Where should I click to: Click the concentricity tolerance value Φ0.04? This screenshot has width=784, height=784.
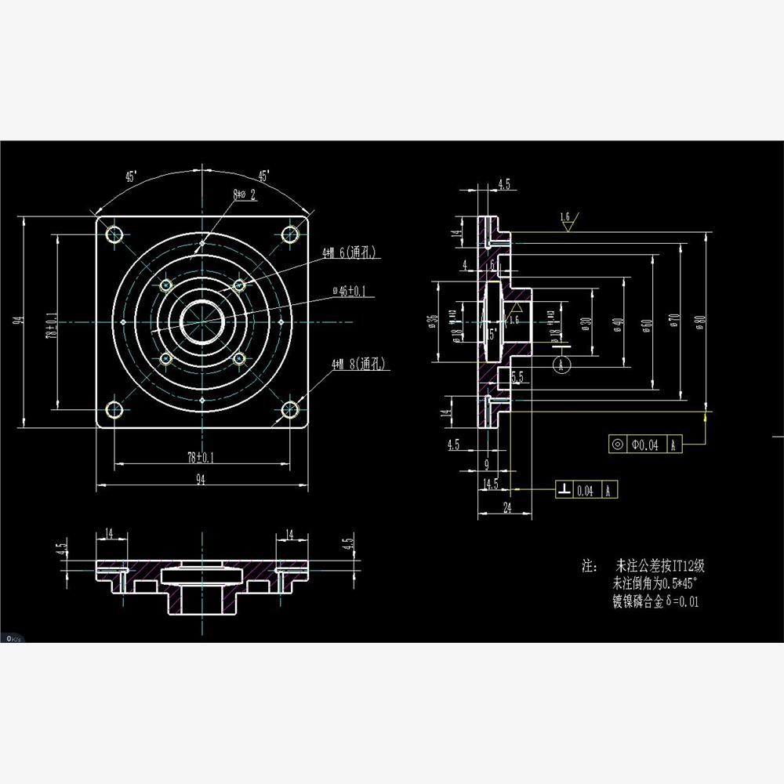[x=646, y=445]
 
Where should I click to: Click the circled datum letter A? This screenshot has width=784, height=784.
[x=561, y=364]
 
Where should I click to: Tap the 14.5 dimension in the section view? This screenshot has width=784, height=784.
[x=491, y=485]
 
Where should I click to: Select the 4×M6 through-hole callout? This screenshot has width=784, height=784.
[x=350, y=253]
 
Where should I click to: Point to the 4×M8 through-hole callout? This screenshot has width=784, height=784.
[x=359, y=364]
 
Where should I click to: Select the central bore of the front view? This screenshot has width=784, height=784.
[x=202, y=321]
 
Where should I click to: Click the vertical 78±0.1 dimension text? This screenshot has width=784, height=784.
[x=52, y=324]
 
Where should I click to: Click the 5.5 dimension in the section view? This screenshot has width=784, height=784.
[x=517, y=378]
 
